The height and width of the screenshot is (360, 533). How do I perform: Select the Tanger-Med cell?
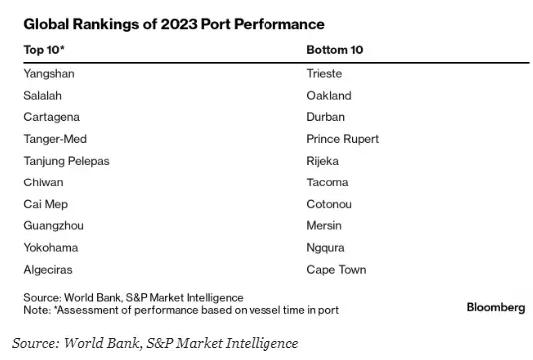(52, 140)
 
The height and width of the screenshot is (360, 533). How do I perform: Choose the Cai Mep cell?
(44, 204)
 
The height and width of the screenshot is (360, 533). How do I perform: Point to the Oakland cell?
(329, 96)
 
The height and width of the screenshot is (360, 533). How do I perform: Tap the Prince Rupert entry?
(343, 140)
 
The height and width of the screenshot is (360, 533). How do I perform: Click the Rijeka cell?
(325, 161)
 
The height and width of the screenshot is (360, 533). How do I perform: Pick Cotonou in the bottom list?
(330, 204)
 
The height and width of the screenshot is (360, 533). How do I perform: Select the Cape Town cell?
(337, 270)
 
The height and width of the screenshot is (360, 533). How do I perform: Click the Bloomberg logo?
(495, 308)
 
